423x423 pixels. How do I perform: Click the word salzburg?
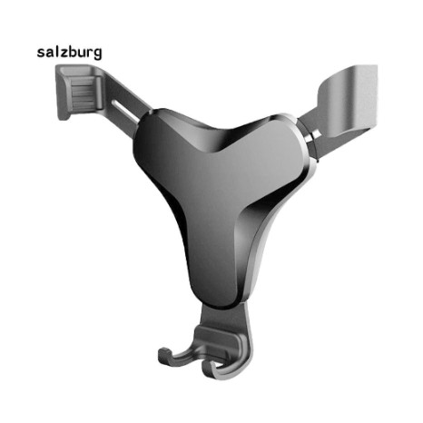click(69, 53)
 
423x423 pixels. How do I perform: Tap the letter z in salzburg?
click(64, 54)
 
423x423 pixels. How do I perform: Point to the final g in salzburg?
click(97, 54)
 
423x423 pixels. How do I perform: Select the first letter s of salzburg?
click(41, 54)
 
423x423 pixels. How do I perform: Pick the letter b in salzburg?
click(73, 52)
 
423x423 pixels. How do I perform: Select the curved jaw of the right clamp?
click(348, 100)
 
